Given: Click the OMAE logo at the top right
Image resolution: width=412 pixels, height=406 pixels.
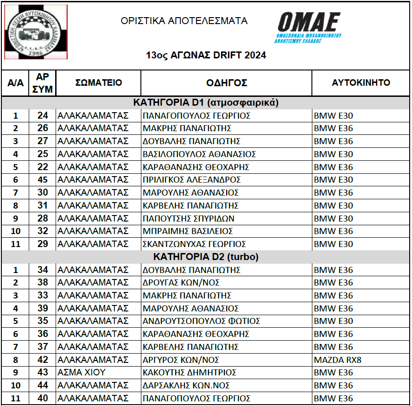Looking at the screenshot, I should point(309,28).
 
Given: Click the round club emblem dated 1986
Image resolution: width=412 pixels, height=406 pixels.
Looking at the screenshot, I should point(36,32).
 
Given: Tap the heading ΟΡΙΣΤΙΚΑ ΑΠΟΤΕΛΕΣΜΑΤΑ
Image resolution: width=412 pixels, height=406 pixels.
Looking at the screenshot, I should point(184,21).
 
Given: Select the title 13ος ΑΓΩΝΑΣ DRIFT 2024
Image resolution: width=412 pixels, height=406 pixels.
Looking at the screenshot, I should point(206,56).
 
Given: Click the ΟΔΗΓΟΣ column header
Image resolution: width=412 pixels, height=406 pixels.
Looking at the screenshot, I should point(227,83).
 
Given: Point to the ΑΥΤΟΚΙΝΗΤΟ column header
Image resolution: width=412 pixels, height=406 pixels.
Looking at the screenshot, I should point(361,83).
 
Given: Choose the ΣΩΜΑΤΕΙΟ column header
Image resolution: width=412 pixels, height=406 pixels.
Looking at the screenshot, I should point(99,83).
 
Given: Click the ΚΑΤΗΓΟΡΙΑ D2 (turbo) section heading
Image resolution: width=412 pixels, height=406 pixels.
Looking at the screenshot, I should point(206,257).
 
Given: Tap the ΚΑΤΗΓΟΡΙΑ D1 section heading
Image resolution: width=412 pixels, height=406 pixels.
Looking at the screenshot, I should point(206,103).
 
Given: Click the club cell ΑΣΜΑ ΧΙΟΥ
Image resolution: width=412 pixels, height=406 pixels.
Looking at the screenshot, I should point(82,373).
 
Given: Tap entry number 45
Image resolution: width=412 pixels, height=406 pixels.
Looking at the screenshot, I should point(43,180).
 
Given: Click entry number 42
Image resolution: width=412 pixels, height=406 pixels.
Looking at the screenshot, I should point(43,360).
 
